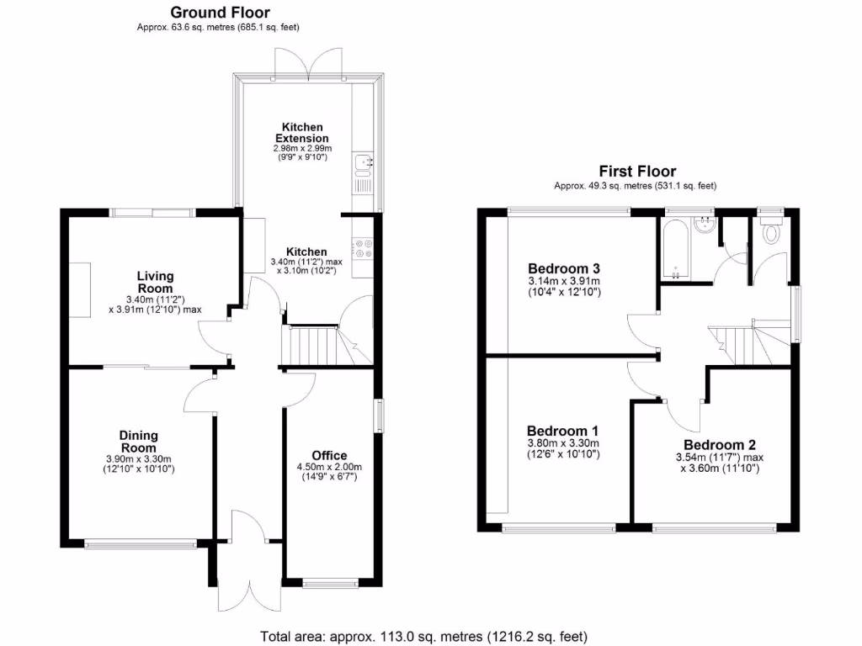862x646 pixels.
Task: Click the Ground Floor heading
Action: [x=220, y=13]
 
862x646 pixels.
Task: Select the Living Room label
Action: [x=156, y=282]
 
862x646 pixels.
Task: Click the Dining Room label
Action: [x=139, y=442]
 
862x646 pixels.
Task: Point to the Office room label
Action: [x=328, y=456]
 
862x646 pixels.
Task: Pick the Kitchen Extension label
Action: [x=300, y=132]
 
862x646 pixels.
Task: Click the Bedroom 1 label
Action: [x=562, y=427]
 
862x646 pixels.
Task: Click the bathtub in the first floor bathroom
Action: [x=676, y=250]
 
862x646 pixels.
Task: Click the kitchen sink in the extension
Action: [x=364, y=164]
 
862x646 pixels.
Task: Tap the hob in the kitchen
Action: [x=364, y=248]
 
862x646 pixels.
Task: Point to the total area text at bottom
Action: [x=423, y=637]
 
